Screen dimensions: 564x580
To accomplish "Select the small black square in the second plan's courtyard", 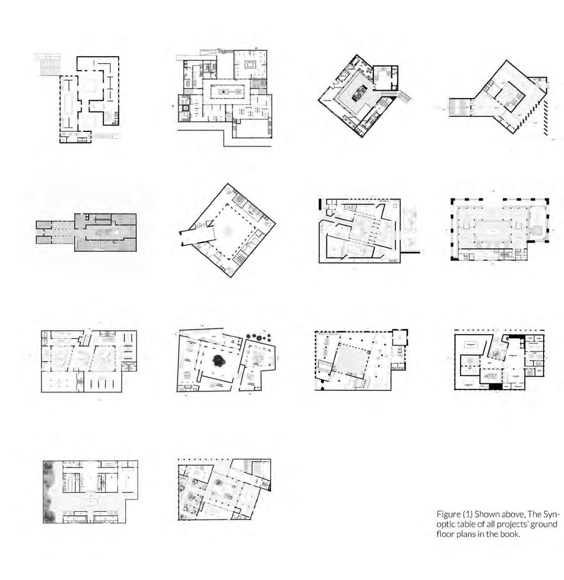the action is [224, 92].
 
